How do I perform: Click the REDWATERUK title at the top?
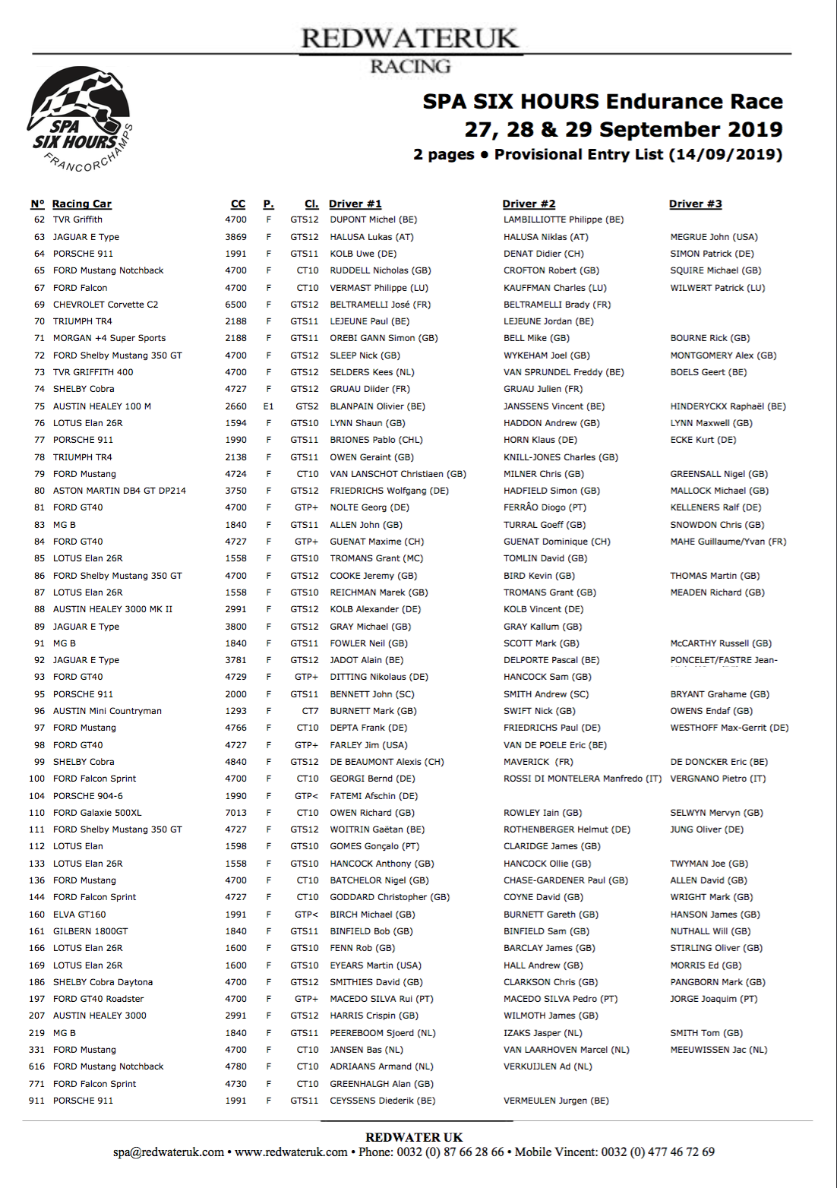pos(409,38)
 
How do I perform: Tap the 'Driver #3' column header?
pos(695,204)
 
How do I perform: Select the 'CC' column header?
pos(238,204)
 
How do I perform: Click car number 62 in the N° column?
pos(39,220)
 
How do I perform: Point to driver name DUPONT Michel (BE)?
pos(373,220)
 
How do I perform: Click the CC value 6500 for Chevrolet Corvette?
pos(235,305)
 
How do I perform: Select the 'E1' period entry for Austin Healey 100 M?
pos(268,406)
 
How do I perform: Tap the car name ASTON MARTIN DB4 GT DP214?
pos(119,491)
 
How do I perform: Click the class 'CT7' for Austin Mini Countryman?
pos(310,711)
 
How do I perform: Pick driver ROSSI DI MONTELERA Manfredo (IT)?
pos(582,779)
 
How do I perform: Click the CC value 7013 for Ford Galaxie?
pos(235,813)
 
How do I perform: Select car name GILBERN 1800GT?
pos(90,931)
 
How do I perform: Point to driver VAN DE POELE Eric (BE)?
pos(555,745)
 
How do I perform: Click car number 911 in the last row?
pos(36,1101)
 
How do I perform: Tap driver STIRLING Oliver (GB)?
pos(716,948)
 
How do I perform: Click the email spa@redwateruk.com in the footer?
pos(169,1152)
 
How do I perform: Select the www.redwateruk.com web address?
pos(291,1152)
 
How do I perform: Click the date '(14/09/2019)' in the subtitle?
pos(725,154)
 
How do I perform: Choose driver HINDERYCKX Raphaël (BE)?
pos(728,406)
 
